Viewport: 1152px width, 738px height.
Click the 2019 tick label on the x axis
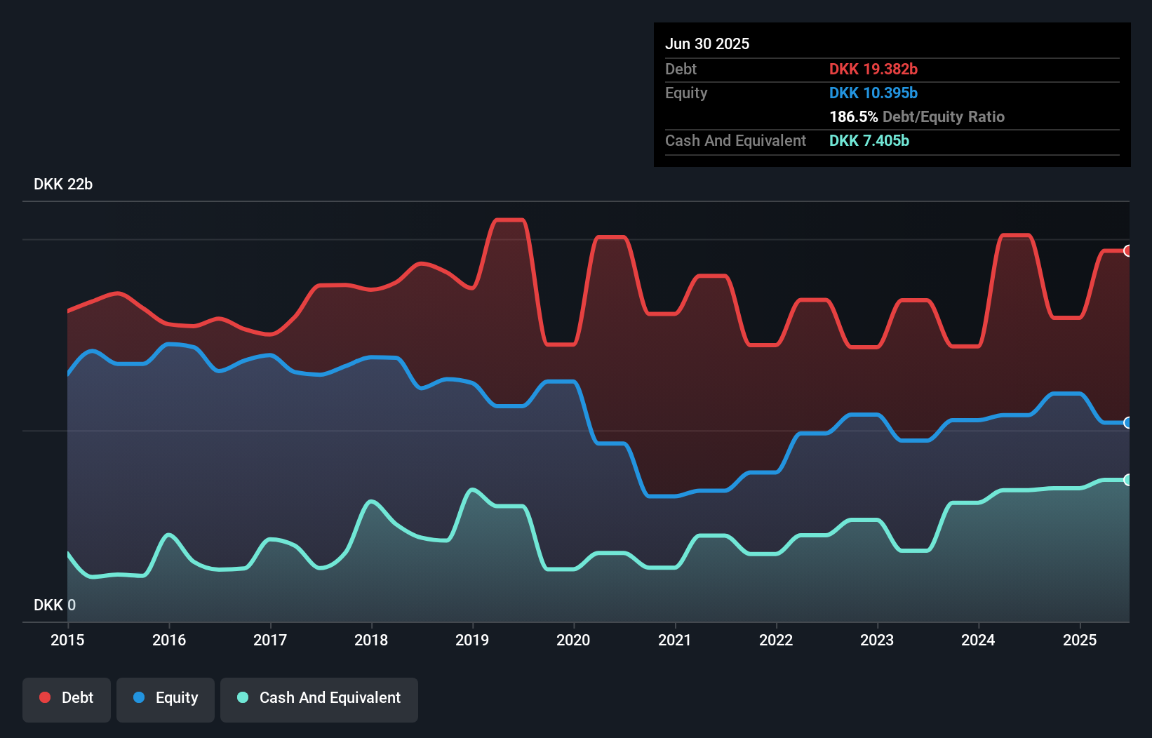[x=472, y=640]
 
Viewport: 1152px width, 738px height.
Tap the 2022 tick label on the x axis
[x=776, y=640]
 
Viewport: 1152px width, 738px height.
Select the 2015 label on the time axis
[x=67, y=640]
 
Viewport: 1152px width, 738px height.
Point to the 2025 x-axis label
[x=1080, y=640]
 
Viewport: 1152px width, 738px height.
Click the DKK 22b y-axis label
[x=63, y=184]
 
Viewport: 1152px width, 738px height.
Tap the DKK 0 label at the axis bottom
[x=55, y=605]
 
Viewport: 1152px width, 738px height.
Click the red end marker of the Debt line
[x=1127, y=250]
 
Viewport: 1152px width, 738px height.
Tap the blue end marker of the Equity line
[x=1127, y=422]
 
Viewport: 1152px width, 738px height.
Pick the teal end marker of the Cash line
[x=1127, y=480]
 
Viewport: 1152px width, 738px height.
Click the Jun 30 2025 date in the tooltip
[x=707, y=43]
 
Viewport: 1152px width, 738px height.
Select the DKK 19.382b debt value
[x=873, y=69]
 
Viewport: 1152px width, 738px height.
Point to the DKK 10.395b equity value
[x=873, y=93]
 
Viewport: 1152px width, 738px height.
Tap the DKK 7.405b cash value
[x=869, y=140]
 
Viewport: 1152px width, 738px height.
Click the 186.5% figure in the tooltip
[x=853, y=116]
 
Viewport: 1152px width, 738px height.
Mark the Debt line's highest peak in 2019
[x=509, y=220]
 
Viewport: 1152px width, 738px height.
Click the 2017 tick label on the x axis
[x=270, y=640]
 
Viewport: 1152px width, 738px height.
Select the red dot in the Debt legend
[x=45, y=697]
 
